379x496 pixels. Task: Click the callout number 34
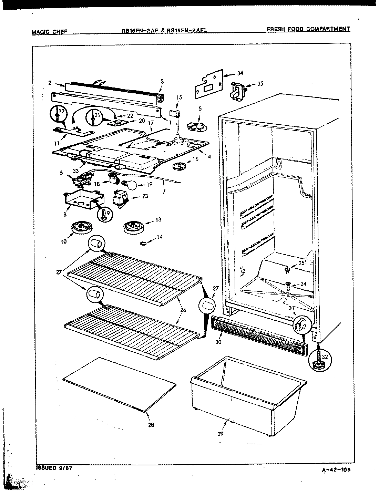[x=240, y=73]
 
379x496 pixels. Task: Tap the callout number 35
[x=260, y=84]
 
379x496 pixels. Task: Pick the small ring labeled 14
[x=143, y=244]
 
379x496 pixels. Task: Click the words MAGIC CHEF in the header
[x=49, y=32]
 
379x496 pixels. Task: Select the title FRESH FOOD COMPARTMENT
[x=308, y=29]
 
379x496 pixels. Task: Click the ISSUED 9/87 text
[x=54, y=468]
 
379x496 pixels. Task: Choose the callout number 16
[x=195, y=169]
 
